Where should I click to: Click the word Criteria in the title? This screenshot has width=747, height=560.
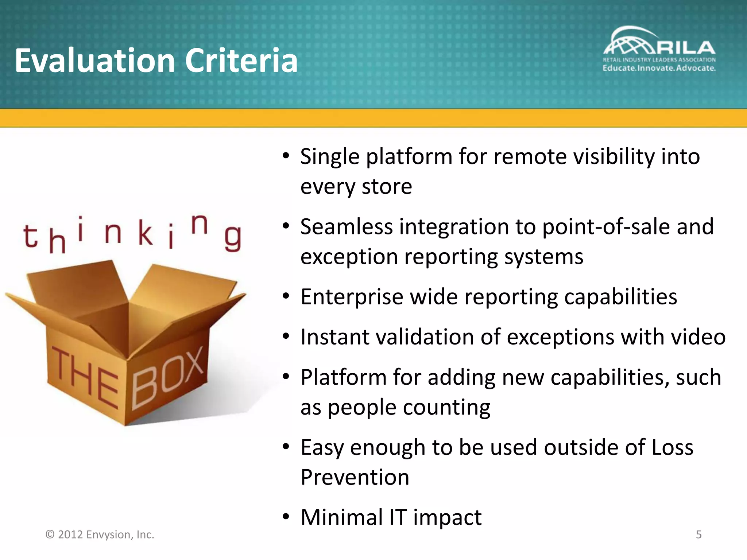[x=241, y=61]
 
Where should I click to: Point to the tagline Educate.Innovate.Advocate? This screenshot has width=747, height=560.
[x=659, y=68]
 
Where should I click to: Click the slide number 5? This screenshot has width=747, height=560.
[x=698, y=534]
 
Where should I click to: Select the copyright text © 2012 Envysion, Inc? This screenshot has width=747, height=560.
[x=100, y=534]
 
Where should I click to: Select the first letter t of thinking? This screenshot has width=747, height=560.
[x=31, y=236]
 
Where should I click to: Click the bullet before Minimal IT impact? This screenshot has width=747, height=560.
[x=286, y=517]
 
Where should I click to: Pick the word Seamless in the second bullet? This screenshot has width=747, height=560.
[x=347, y=227]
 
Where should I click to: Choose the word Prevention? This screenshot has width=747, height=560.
[x=355, y=478]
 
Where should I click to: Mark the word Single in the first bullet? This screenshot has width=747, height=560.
[x=330, y=157]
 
